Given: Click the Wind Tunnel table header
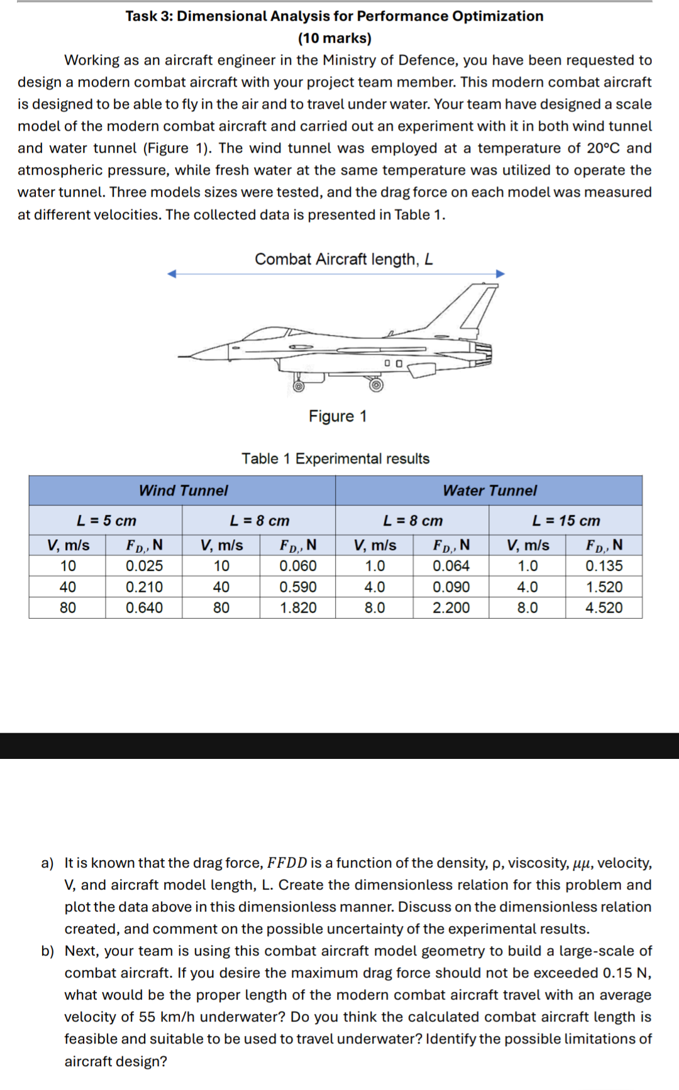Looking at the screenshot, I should [183, 490].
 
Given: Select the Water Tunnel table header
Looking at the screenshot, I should [489, 490].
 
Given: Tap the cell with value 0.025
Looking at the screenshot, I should [144, 565].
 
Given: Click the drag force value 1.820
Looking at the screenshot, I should [298, 608].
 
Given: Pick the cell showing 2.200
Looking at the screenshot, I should [451, 608].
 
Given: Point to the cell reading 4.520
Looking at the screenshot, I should [604, 608].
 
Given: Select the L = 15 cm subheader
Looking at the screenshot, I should [566, 520].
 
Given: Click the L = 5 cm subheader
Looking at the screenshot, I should [106, 520].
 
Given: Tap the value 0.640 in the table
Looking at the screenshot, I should [144, 608].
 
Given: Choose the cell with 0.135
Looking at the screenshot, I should [604, 565].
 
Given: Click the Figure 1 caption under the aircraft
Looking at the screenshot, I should [338, 416].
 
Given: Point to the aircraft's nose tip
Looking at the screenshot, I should [180, 357].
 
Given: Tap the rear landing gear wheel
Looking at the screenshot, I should [376, 384].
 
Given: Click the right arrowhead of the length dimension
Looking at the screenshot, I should [500, 273].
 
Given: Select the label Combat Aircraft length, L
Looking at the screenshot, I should [343, 259].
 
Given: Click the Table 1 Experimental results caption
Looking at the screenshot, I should [336, 458].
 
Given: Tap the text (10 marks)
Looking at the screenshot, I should [334, 38].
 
